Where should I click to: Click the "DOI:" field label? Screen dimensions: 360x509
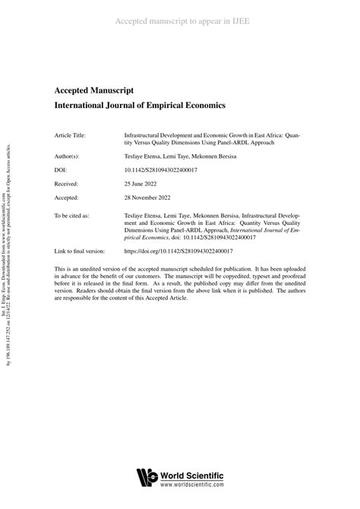point(62,171)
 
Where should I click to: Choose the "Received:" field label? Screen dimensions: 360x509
point(67,186)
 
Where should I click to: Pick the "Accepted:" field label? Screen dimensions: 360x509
point(67,201)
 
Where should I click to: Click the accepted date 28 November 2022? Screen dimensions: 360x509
point(151,201)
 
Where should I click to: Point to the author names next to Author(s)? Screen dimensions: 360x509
point(178,155)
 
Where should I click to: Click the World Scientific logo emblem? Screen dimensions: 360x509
point(146,479)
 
